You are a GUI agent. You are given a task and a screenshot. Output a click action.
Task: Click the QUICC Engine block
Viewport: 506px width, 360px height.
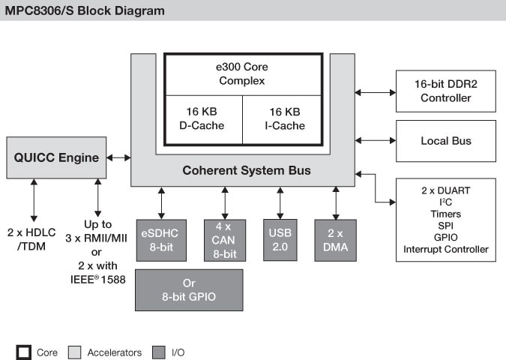point(55,157)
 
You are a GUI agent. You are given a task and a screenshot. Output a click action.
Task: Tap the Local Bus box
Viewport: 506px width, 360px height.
point(445,140)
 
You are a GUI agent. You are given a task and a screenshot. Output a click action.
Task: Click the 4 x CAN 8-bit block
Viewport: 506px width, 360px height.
point(225,241)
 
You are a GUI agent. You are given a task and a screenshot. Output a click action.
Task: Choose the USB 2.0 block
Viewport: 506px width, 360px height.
point(280,241)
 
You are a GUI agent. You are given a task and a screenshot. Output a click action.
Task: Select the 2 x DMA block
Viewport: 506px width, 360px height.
point(335,241)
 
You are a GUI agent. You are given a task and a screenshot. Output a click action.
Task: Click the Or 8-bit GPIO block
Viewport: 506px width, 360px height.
point(189,290)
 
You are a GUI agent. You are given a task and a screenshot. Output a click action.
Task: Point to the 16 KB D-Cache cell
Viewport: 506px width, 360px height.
point(202,119)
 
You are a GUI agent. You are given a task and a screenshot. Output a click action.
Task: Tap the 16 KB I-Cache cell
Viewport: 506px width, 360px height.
point(283,119)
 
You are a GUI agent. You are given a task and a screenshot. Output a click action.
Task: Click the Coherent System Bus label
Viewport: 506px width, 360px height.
point(247,171)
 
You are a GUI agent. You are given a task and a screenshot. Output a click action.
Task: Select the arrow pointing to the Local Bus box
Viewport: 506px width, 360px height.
point(376,140)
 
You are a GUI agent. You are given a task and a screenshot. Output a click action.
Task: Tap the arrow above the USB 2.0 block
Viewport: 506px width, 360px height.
point(280,202)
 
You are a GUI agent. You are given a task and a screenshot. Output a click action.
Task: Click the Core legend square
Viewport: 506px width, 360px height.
point(24,352)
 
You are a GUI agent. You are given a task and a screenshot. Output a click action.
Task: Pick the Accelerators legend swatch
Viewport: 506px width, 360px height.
point(74,352)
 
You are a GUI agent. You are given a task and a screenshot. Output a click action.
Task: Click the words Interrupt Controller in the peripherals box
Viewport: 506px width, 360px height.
point(445,249)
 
